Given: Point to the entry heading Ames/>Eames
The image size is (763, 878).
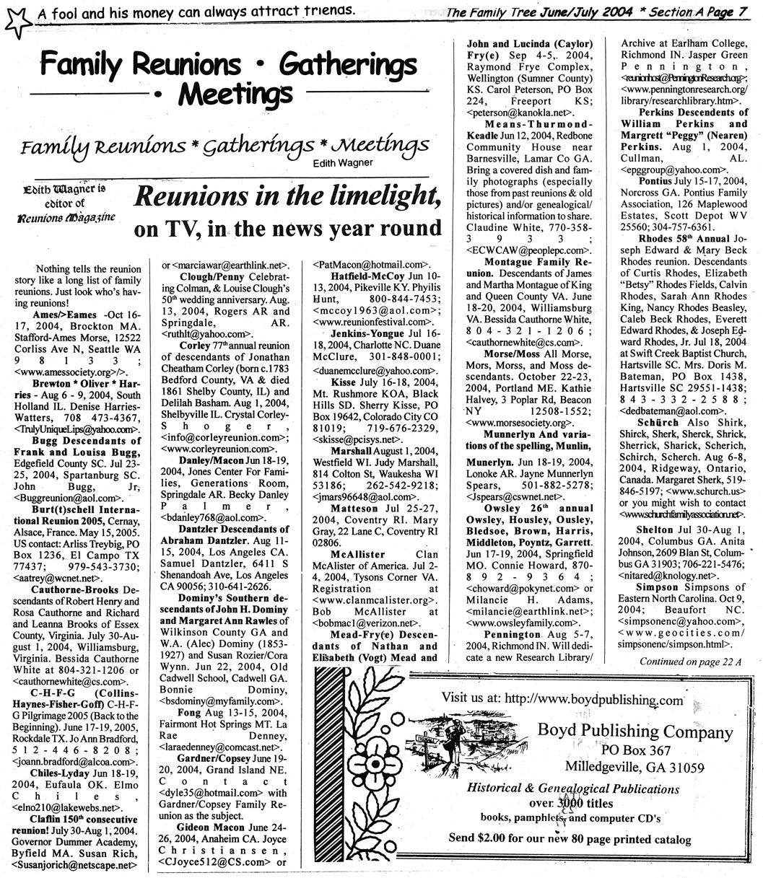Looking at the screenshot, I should pos(64,316).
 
